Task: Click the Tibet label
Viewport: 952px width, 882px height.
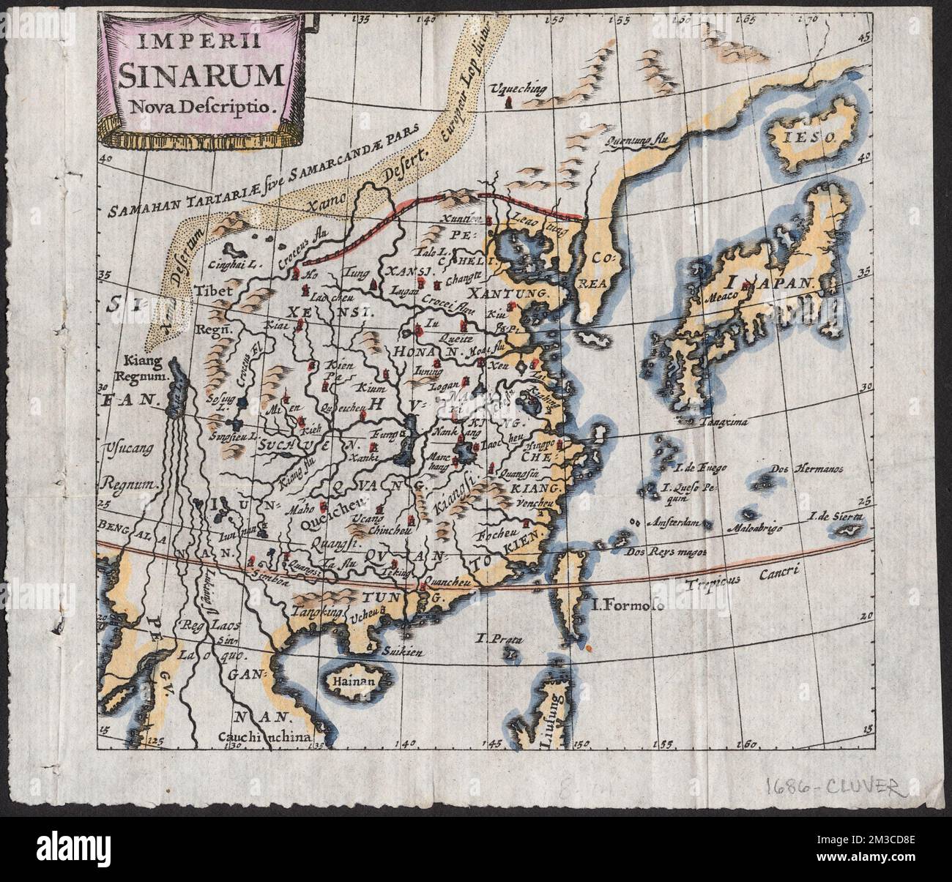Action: point(214,291)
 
